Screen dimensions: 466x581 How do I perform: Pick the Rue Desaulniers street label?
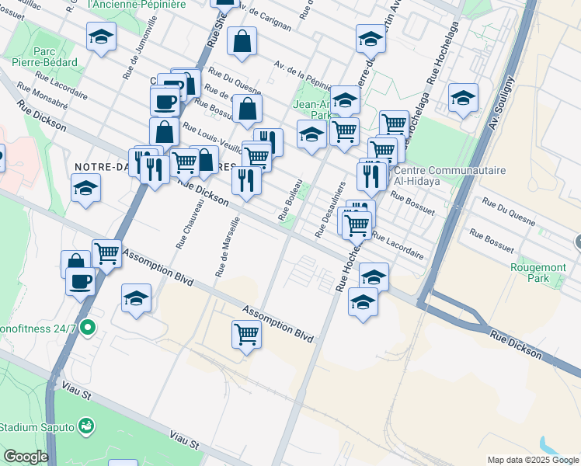(x=329, y=210)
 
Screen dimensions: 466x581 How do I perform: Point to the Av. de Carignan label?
(x=266, y=17)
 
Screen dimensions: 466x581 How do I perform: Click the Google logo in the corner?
(x=26, y=457)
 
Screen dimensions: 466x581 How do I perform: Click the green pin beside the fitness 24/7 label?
(x=88, y=328)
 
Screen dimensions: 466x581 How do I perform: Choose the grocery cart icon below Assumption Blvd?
(x=246, y=335)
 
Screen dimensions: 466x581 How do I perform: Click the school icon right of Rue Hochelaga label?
(x=464, y=98)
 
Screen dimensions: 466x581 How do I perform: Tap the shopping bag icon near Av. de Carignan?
(x=243, y=43)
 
